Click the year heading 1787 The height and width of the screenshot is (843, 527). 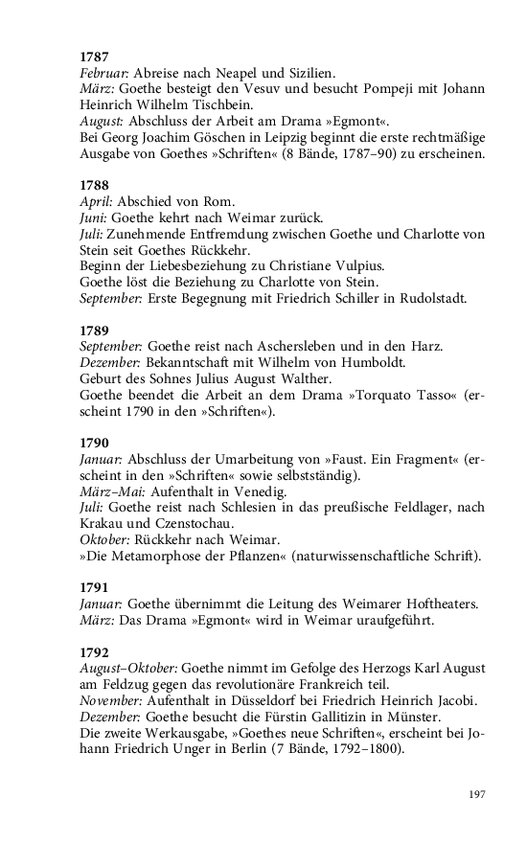pos(94,57)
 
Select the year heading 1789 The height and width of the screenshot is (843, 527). pos(94,330)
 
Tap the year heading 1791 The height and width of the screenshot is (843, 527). pos(94,586)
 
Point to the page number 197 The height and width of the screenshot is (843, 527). pos(478,794)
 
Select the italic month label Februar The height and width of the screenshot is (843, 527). pos(103,74)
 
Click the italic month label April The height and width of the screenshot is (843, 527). pos(96,205)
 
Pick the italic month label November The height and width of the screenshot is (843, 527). pos(110,700)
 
